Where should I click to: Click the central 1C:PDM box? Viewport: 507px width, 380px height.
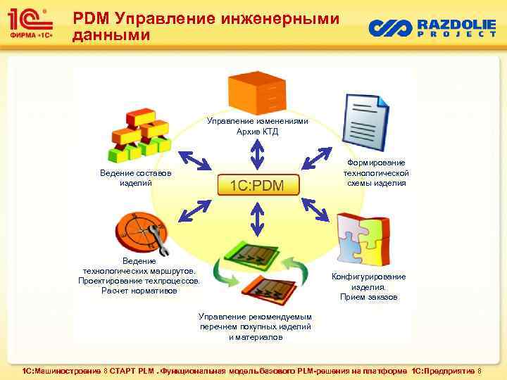257,186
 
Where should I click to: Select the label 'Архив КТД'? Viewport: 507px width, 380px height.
257,132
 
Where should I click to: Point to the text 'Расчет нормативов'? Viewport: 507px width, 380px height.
139,290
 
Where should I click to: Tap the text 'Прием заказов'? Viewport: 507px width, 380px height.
368,297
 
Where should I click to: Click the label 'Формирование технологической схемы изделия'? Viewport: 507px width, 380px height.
376,173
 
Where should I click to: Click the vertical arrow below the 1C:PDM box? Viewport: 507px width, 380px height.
257,219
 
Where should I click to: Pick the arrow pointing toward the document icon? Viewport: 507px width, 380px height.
317,158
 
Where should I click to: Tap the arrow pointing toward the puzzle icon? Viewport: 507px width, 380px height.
316,210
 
